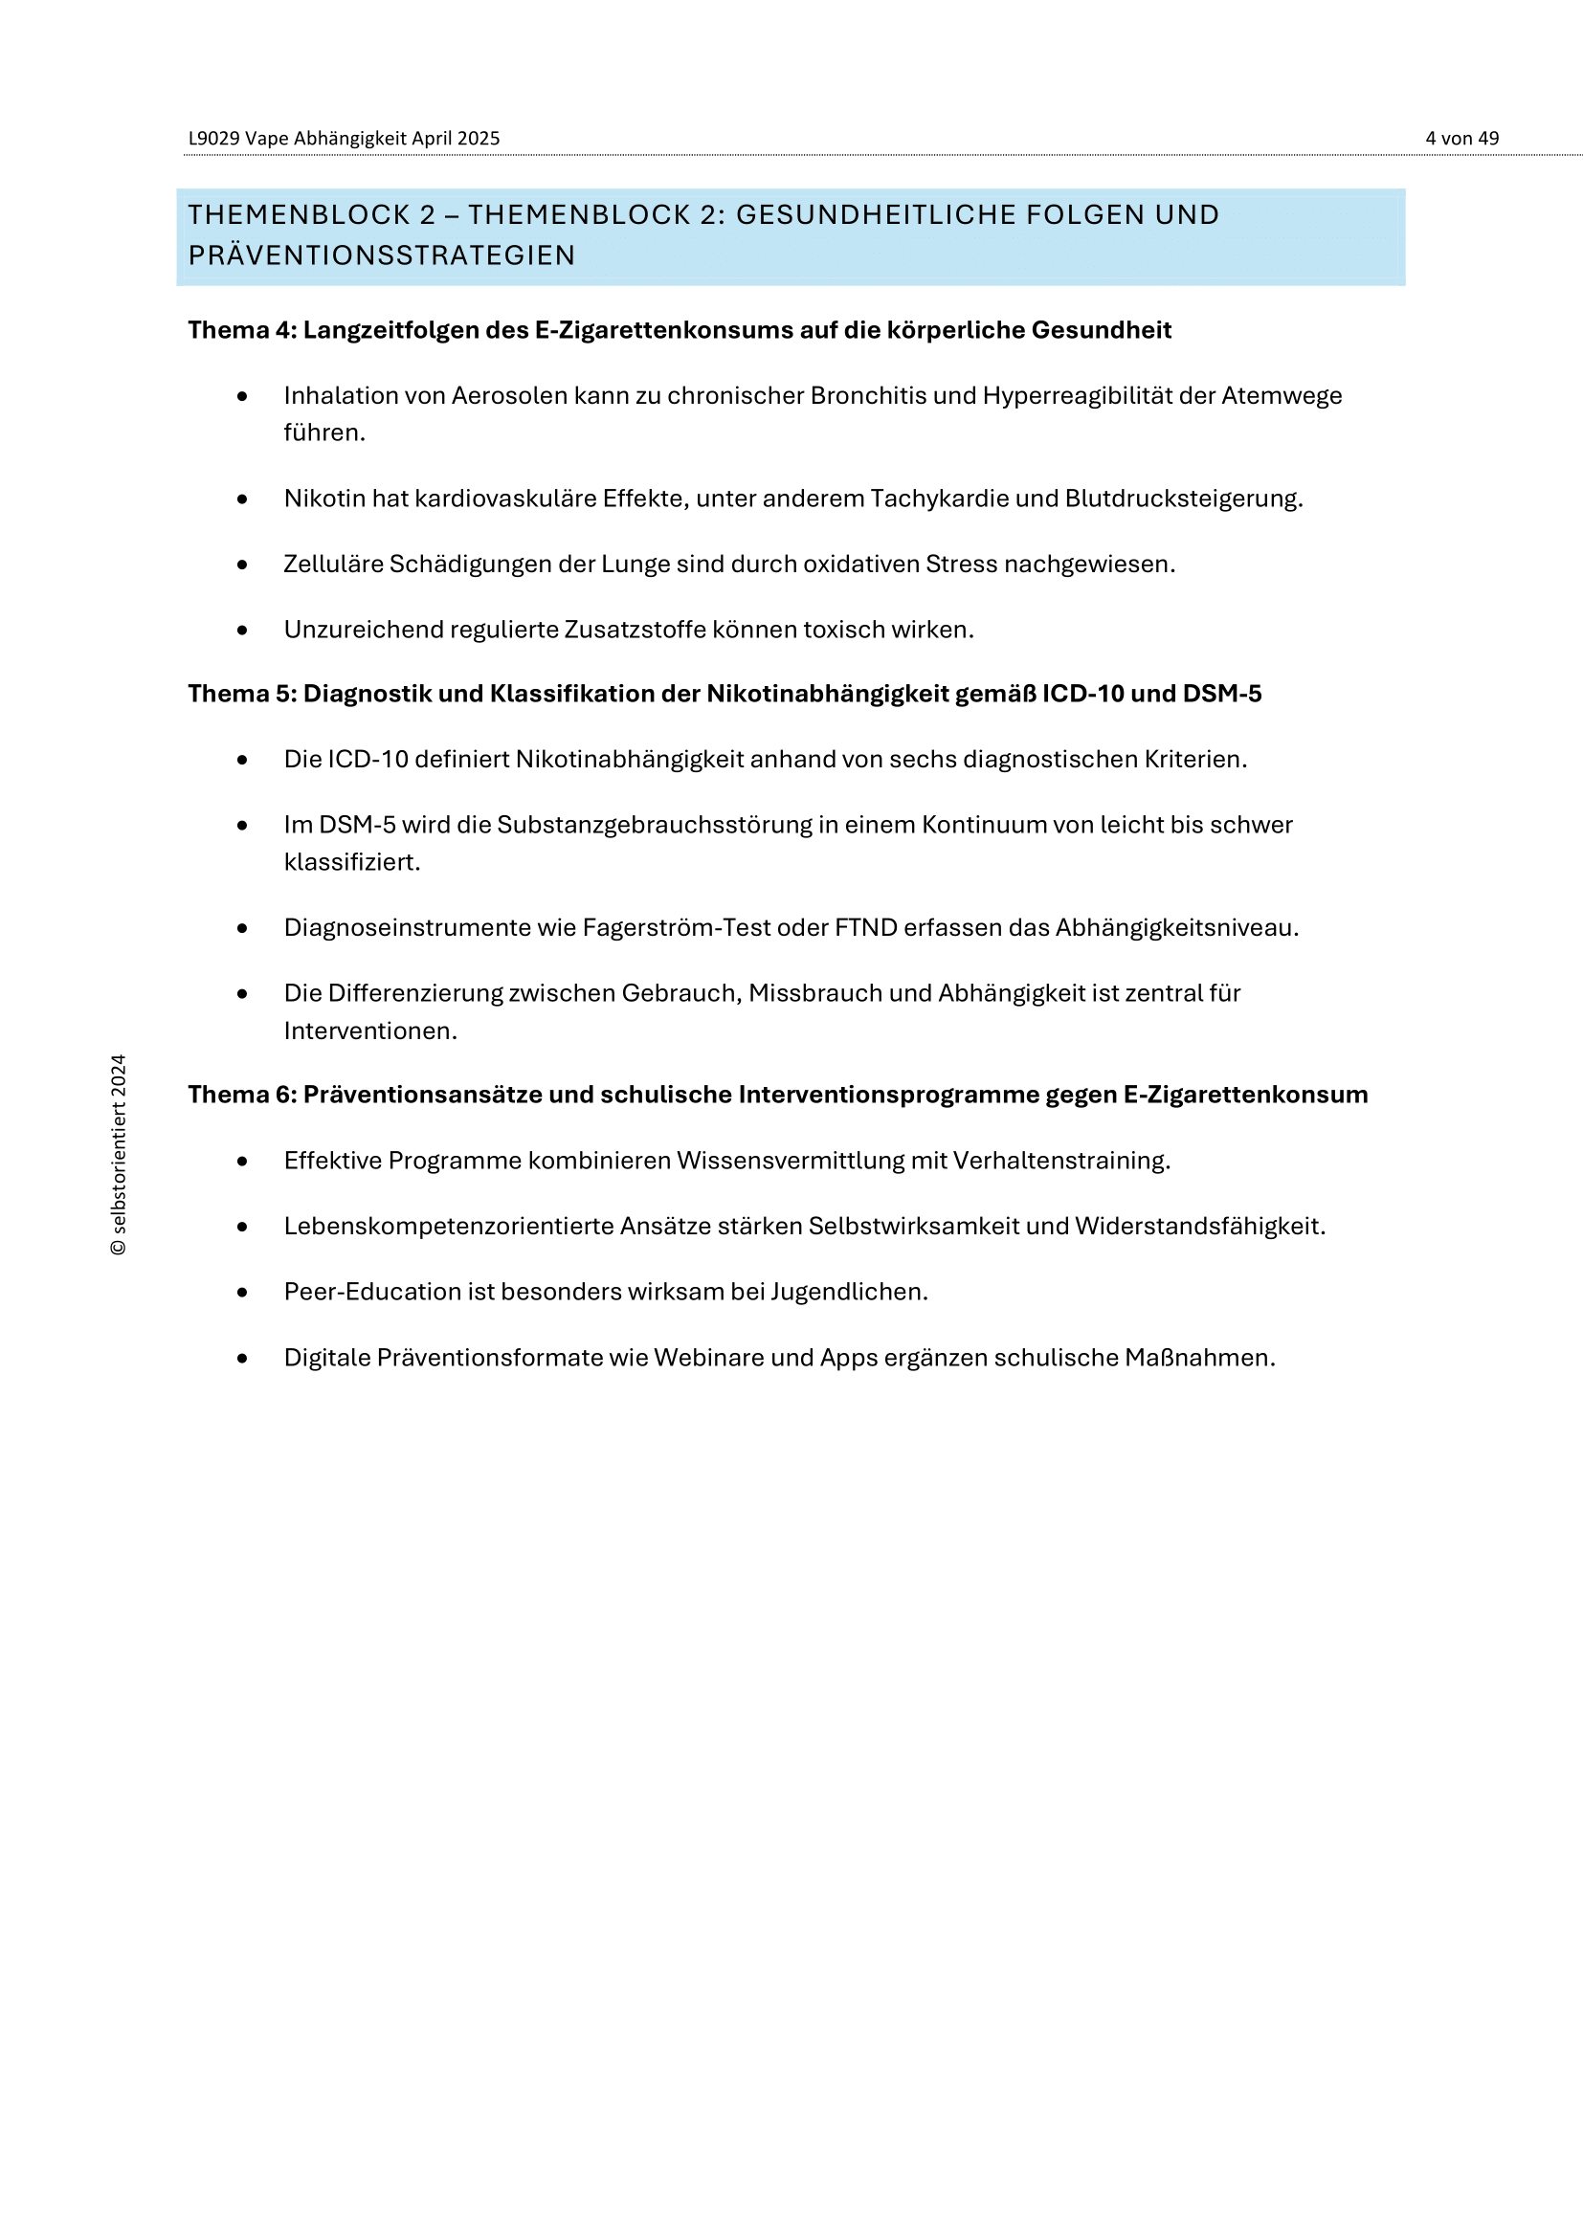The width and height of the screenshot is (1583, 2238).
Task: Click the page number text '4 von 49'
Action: (x=1461, y=139)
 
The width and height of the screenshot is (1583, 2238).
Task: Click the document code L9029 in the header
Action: (x=213, y=139)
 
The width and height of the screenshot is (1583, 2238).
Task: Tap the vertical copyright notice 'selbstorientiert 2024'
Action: (x=119, y=1154)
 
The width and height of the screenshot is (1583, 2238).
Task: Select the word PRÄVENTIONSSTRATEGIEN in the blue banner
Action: (x=381, y=255)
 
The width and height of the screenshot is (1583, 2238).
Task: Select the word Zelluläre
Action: (x=332, y=565)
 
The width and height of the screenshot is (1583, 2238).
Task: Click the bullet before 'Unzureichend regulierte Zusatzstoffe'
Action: (x=243, y=631)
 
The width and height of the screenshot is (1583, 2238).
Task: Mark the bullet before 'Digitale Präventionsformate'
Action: (x=243, y=1358)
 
